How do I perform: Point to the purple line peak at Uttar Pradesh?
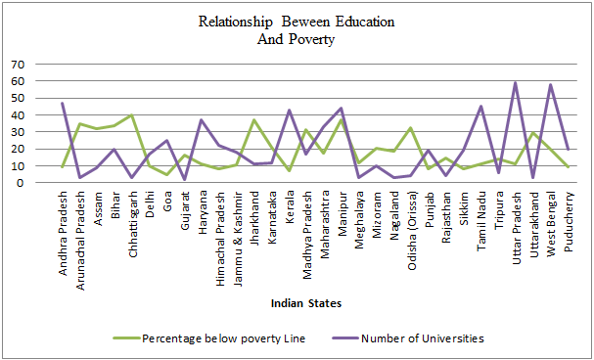coord(516,82)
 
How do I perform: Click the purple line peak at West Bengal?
coord(550,84)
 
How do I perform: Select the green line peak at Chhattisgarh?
coord(132,115)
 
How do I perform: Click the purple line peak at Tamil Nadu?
coord(480,106)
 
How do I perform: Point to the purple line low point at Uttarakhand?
coord(533,177)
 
